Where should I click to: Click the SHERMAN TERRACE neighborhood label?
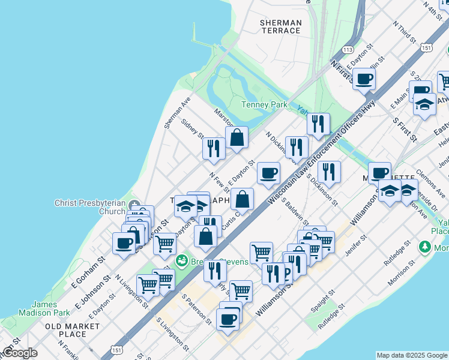(280, 26)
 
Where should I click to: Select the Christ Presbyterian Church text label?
(90, 207)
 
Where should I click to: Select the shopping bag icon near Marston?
(237, 137)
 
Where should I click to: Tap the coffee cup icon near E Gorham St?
(124, 244)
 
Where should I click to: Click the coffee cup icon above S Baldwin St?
(268, 173)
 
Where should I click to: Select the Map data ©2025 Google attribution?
(412, 355)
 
